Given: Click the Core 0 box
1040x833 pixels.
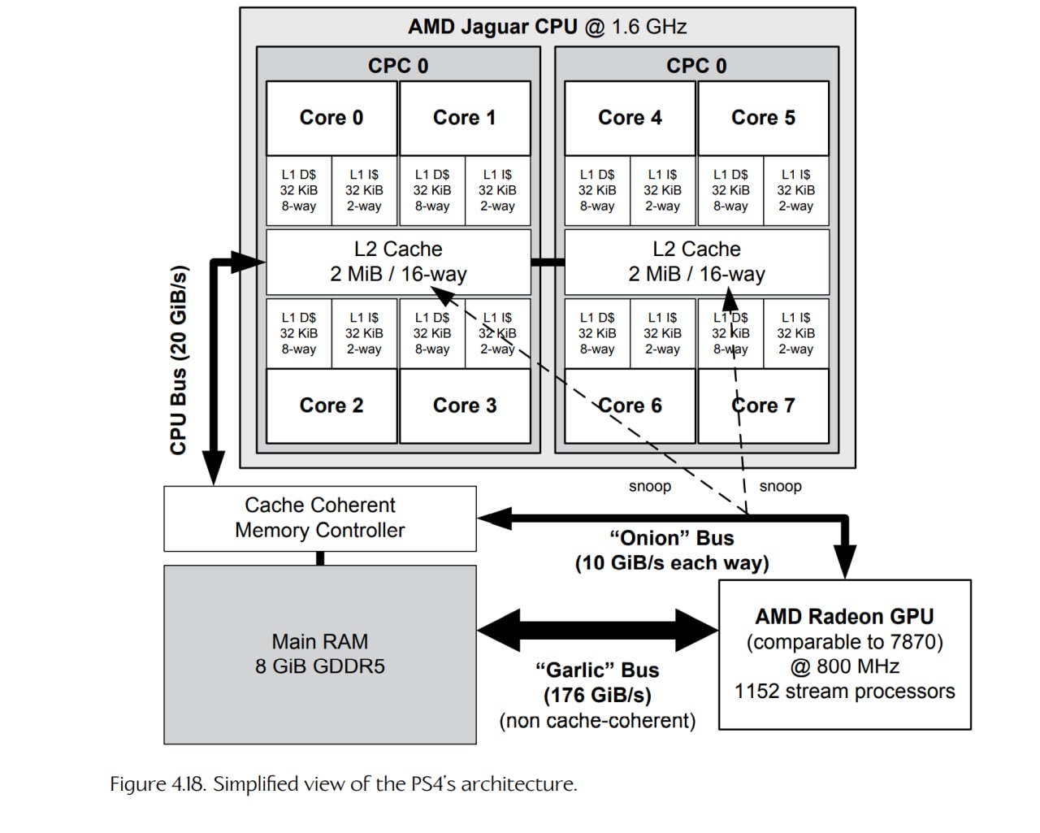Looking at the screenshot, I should point(331,118).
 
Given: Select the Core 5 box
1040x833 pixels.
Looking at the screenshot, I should point(763,118).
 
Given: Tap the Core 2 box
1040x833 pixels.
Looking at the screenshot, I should point(331,406).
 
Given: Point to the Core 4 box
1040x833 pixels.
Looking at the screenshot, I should point(630,118).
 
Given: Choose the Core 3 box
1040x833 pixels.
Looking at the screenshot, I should point(465,406).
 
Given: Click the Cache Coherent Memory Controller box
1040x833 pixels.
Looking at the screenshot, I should point(320,518).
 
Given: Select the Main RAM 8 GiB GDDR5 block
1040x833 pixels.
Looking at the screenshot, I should point(320,654).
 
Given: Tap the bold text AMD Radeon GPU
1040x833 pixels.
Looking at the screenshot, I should point(844,617).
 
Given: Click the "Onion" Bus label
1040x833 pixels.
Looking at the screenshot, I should point(671,539).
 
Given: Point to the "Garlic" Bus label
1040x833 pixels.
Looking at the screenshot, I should point(597,670).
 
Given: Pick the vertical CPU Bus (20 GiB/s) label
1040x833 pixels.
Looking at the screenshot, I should point(180,360).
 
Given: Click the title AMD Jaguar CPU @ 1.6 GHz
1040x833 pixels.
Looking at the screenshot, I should point(547,27).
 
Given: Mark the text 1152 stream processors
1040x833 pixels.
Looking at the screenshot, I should point(844,692).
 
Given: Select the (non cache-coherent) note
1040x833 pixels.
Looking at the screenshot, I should point(597,721).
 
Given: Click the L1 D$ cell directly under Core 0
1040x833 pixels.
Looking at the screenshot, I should point(299,190).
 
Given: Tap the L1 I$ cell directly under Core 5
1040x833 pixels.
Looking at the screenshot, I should point(795,190).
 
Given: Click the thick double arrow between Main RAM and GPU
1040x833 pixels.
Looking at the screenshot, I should point(597,630).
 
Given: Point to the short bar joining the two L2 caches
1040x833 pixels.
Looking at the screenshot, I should point(548,262).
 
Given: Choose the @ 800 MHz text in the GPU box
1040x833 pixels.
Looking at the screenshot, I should point(844,666).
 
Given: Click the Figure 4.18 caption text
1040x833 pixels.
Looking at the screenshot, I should point(344,784).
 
